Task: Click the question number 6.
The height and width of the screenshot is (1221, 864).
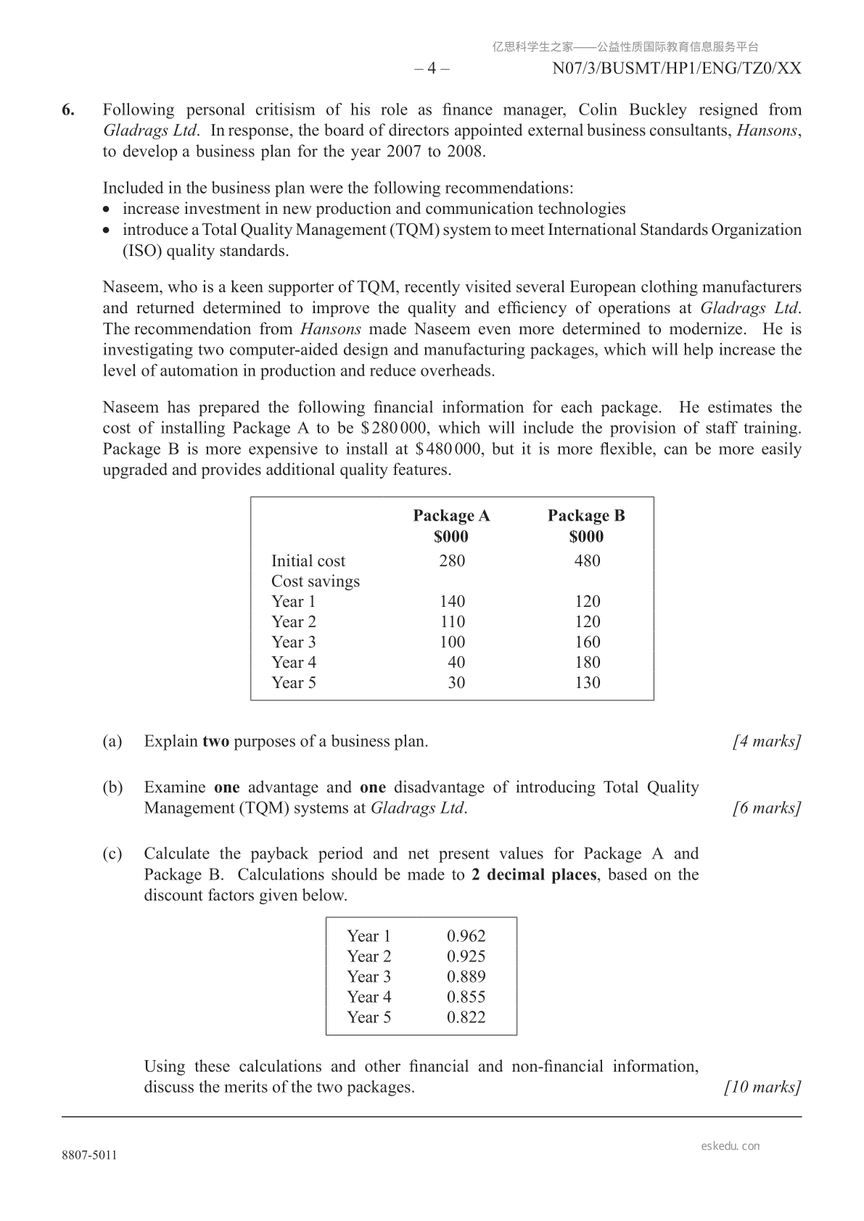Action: [67, 110]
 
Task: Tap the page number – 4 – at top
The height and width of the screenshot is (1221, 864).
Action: [432, 68]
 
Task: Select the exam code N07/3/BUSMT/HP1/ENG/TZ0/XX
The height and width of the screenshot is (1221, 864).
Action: [677, 68]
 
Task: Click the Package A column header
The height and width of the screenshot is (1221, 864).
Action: [451, 516]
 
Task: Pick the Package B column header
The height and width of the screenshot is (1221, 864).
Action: [586, 516]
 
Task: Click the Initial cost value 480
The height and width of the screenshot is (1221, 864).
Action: [587, 560]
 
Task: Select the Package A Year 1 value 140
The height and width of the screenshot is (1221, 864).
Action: [452, 601]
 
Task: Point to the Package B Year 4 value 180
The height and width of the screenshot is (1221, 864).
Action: [587, 662]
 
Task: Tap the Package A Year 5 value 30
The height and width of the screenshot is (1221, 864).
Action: [456, 682]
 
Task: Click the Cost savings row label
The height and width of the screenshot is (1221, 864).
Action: [316, 581]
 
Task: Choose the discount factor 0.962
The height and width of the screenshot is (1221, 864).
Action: [466, 936]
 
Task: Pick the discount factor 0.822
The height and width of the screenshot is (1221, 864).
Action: [466, 1017]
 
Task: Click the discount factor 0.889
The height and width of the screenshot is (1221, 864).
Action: [466, 977]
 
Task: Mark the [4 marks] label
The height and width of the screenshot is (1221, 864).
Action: [767, 741]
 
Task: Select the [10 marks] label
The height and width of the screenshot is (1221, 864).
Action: [763, 1087]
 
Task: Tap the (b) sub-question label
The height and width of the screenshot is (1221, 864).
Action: [112, 787]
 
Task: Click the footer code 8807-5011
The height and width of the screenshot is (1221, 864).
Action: [89, 1156]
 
